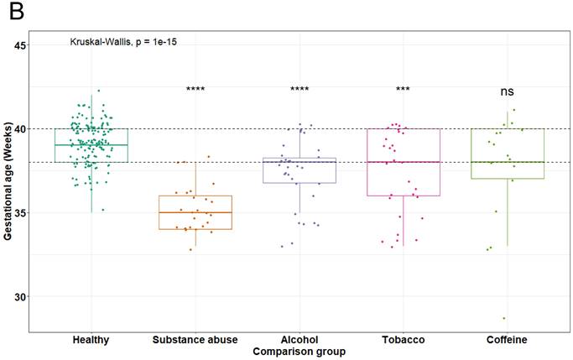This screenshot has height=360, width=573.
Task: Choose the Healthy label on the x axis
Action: coord(91,340)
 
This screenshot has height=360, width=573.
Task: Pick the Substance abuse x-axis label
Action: coord(195,340)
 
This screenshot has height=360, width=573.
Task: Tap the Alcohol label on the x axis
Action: coord(300,340)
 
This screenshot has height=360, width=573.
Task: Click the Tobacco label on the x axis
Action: coord(404,340)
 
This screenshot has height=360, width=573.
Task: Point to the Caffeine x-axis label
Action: coord(508,340)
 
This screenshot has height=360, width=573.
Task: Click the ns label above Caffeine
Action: coord(508,91)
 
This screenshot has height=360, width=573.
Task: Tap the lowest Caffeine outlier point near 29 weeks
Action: coord(503,318)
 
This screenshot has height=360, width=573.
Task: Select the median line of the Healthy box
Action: coord(91,145)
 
